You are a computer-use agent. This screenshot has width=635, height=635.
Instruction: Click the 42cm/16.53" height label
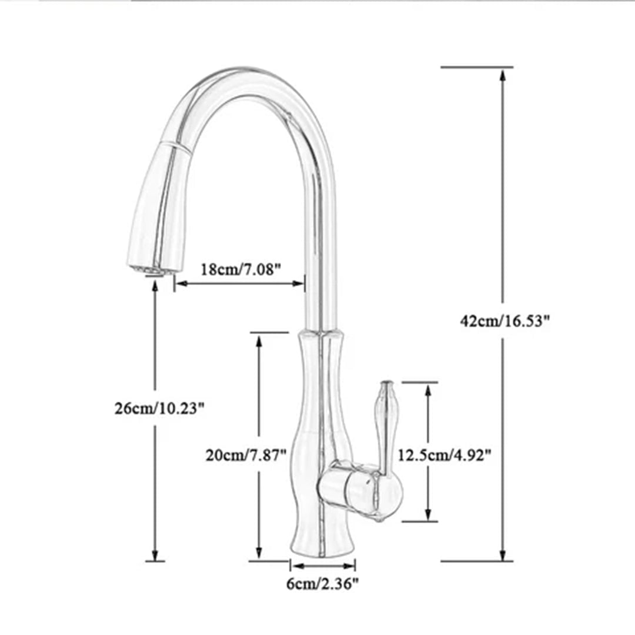click(504, 321)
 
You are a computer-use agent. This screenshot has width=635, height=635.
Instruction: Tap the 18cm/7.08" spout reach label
click(241, 269)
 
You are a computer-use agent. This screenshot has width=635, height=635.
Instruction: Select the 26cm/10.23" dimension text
click(159, 408)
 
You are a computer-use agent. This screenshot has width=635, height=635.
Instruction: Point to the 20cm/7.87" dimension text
click(246, 455)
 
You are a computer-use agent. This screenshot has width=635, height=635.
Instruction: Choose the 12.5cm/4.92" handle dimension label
click(444, 455)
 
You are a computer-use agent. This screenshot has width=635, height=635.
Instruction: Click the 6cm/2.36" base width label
click(322, 584)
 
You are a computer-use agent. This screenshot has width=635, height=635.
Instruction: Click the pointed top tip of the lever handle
click(387, 382)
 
